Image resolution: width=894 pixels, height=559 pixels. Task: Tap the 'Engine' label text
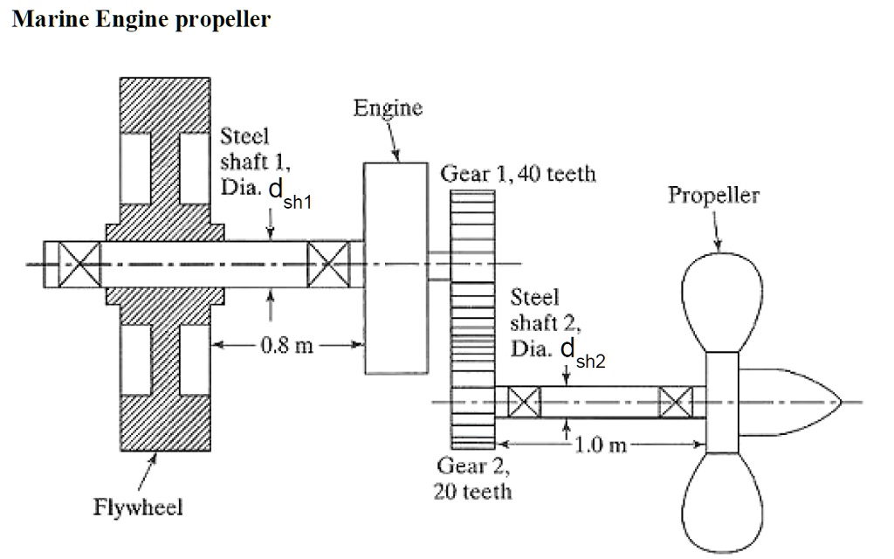point(388,108)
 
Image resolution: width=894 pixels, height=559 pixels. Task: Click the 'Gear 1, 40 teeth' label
point(519,174)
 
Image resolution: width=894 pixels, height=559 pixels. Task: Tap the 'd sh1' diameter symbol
point(290,196)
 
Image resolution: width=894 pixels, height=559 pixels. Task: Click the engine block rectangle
point(396,266)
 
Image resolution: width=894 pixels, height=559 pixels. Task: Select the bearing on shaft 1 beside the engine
point(329,264)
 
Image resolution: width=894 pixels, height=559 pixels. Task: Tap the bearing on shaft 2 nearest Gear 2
point(524,402)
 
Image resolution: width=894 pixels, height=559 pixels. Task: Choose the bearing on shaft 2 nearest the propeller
point(676,402)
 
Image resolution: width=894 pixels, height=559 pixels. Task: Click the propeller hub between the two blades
point(721,402)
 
